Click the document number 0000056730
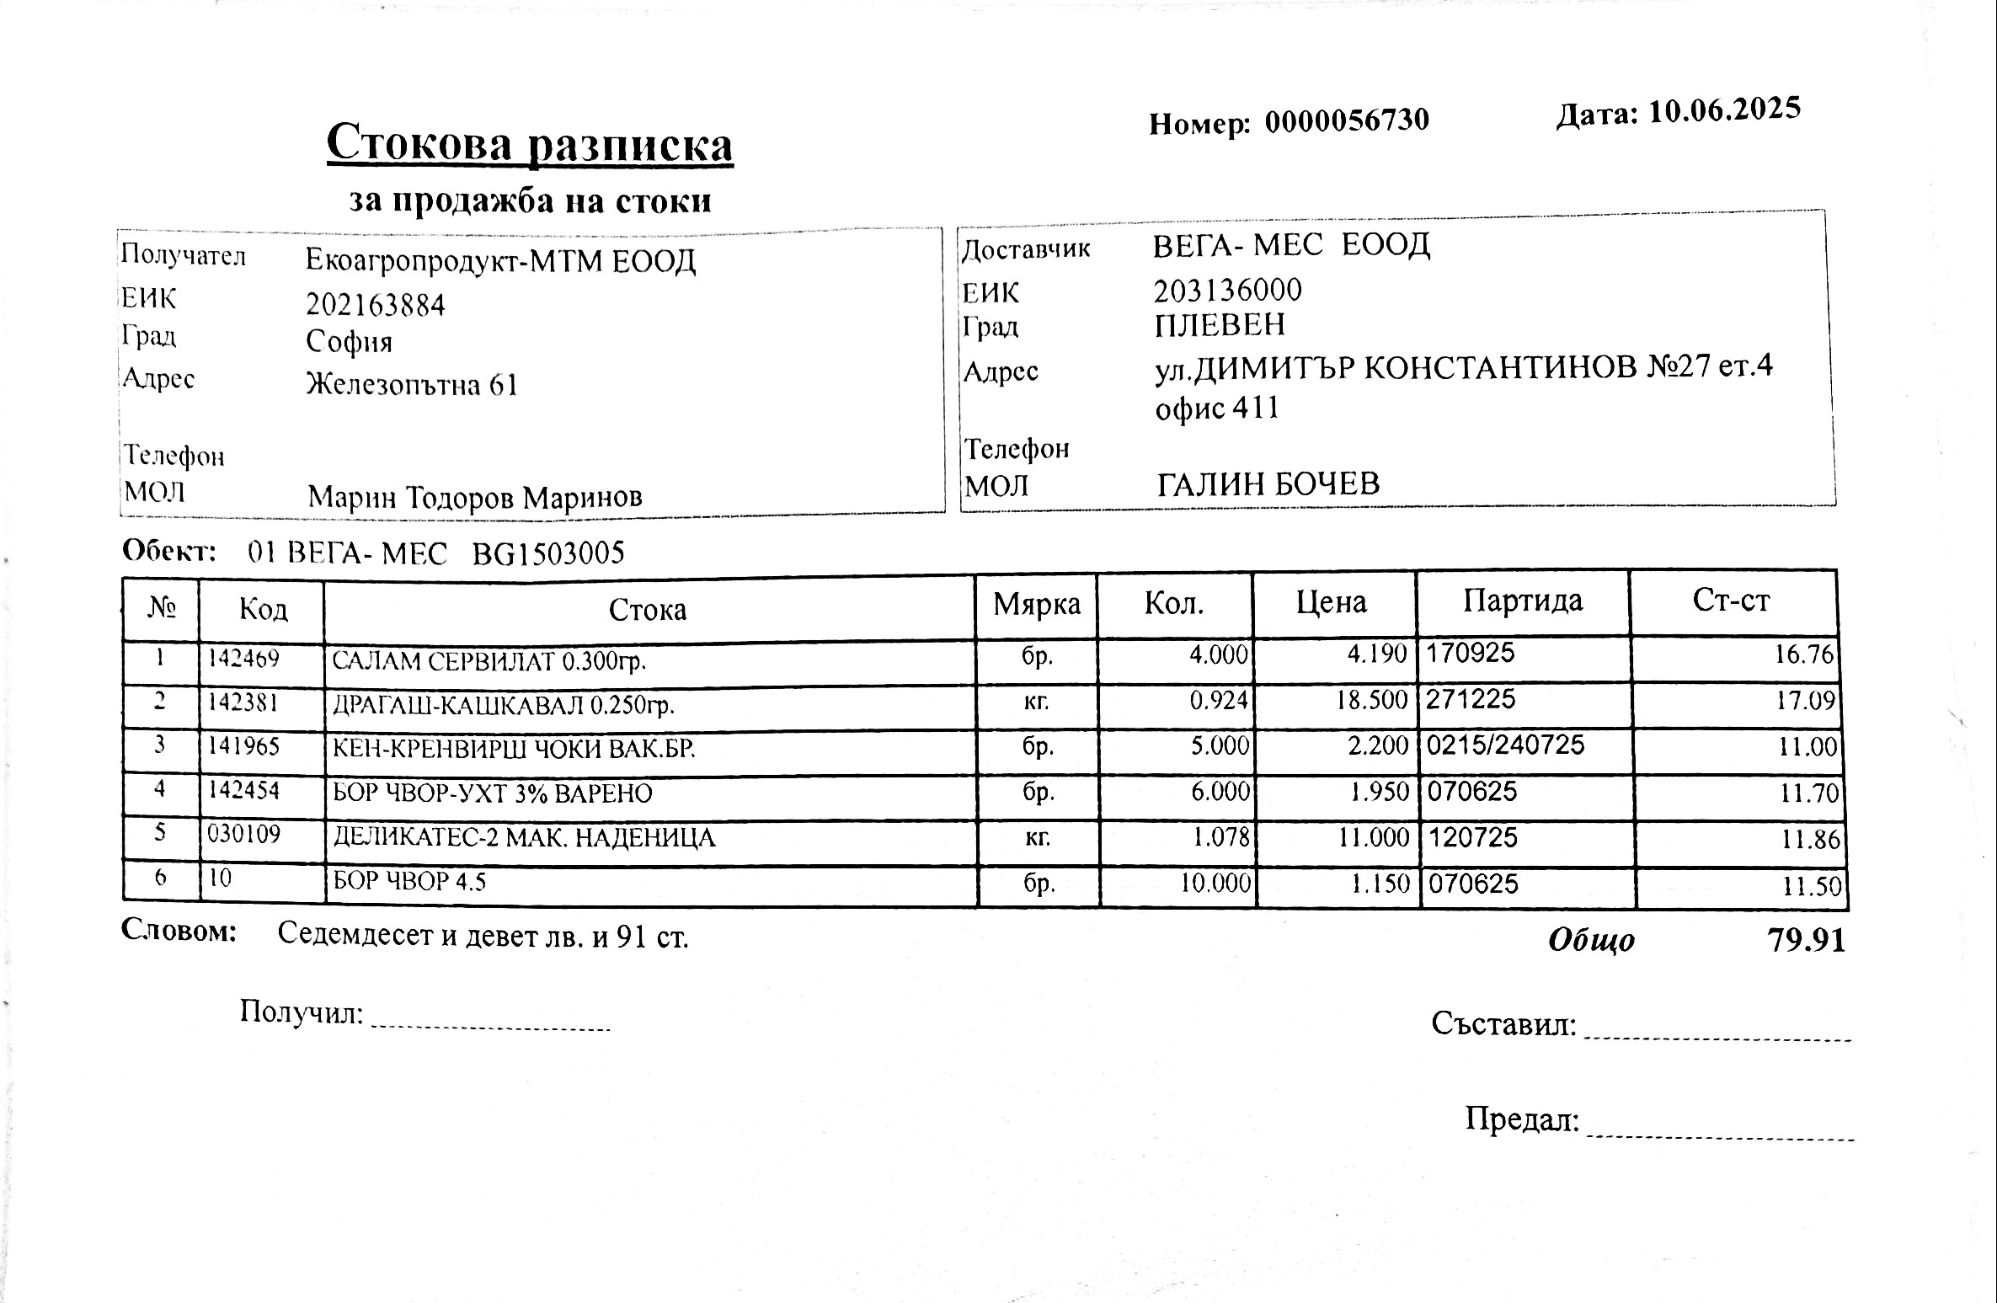point(1346,121)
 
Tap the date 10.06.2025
point(1723,111)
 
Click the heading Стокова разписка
point(529,144)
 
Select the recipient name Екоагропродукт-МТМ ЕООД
point(500,261)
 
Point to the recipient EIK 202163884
point(375,304)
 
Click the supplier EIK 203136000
point(1227,291)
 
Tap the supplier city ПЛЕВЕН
point(1220,325)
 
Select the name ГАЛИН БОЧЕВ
point(1268,483)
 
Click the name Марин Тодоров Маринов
point(474,497)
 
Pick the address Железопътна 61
point(411,385)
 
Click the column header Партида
point(1523,601)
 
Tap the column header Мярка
point(1036,604)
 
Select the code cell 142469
point(243,658)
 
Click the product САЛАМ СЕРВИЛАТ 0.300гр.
point(489,661)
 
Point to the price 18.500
point(1372,700)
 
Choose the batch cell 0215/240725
point(1505,745)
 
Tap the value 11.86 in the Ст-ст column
point(1810,839)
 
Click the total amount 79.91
point(1806,940)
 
